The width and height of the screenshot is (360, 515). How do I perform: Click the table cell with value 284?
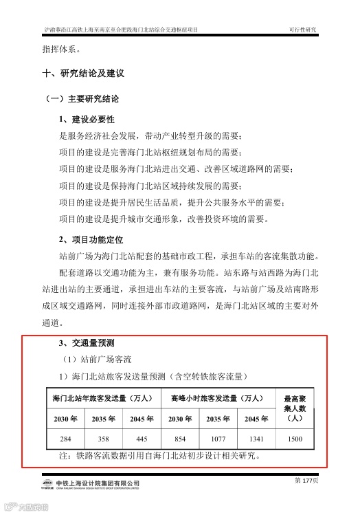65,438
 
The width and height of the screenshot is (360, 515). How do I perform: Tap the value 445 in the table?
142,438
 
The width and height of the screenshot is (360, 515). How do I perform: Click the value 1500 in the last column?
295,438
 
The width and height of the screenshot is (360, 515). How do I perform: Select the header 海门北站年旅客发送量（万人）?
103,398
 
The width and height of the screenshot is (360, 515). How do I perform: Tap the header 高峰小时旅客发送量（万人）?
217,398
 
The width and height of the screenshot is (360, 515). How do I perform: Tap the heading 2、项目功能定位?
91,239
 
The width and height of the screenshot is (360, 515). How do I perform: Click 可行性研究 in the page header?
303,30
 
